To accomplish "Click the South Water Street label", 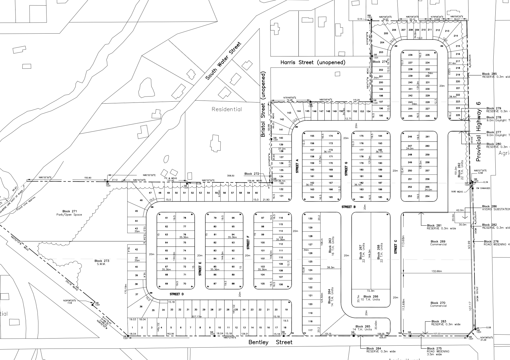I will click(223, 61).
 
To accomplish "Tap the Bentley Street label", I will click(270, 342).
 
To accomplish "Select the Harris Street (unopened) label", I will click(313, 62).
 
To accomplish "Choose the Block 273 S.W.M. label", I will click(102, 263).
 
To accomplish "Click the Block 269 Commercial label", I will click(438, 243).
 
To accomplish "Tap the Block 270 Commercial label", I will click(438, 304).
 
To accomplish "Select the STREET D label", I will click(177, 294).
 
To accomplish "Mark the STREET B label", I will click(348, 207).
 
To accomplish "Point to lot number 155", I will click(312, 136).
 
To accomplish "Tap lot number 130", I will click(310, 219).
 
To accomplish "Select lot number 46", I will click(141, 200).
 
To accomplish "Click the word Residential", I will click(227, 109).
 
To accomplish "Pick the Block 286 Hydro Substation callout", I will click(495, 208).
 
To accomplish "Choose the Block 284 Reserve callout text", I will click(381, 350).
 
